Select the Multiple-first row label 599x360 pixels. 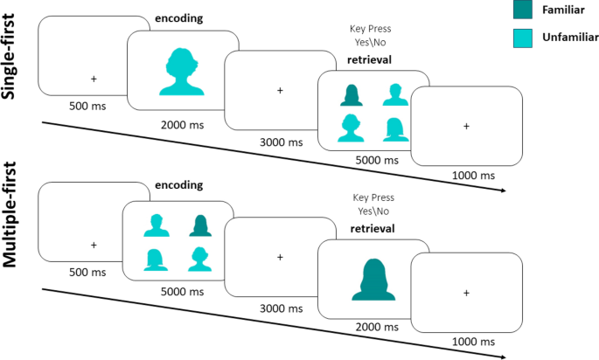tap(11, 228)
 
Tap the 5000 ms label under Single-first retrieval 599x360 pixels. tap(374, 160)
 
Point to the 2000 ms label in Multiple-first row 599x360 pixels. tap(374, 325)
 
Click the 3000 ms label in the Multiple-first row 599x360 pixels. tap(280, 308)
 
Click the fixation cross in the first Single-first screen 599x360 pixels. tap(93, 79)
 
